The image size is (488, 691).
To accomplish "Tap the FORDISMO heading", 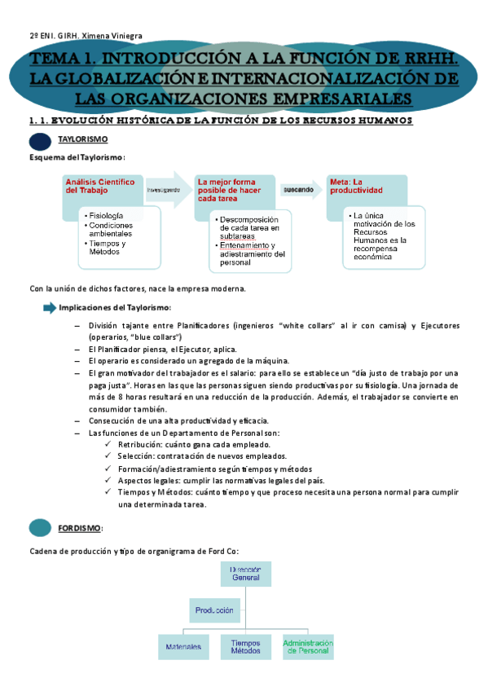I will pos(80,528).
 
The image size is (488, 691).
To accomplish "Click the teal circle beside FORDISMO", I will pos(40,528).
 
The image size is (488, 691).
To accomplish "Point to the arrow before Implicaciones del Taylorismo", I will pos(48,307).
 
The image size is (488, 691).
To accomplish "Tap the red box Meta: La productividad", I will pos(365,189).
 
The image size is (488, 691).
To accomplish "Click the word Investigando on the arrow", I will pos(164,189).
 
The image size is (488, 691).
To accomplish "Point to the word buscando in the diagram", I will pos(297,189).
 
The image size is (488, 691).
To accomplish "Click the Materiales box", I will pos(183,646).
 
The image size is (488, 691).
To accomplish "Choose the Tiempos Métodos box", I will pos(245,646).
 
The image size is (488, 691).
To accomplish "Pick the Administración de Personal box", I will pos(307,646).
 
